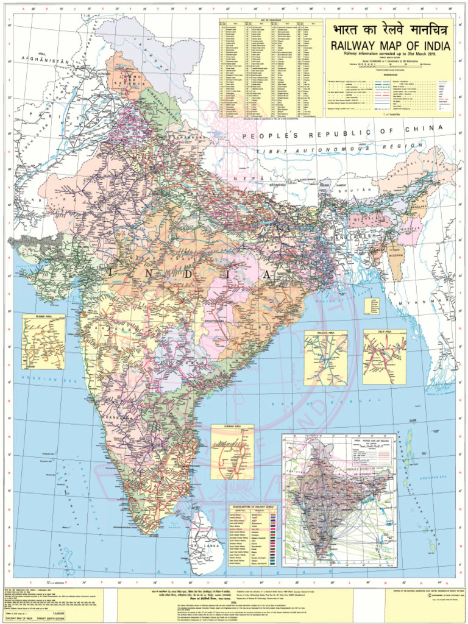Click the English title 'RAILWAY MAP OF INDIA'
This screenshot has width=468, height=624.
391,46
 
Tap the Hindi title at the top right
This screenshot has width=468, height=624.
391,31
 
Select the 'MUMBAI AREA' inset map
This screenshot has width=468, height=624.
44,342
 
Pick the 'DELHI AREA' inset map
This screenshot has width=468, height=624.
385,357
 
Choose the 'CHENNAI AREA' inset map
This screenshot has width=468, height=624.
232,452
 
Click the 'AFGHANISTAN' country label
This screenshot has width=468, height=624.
43,62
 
